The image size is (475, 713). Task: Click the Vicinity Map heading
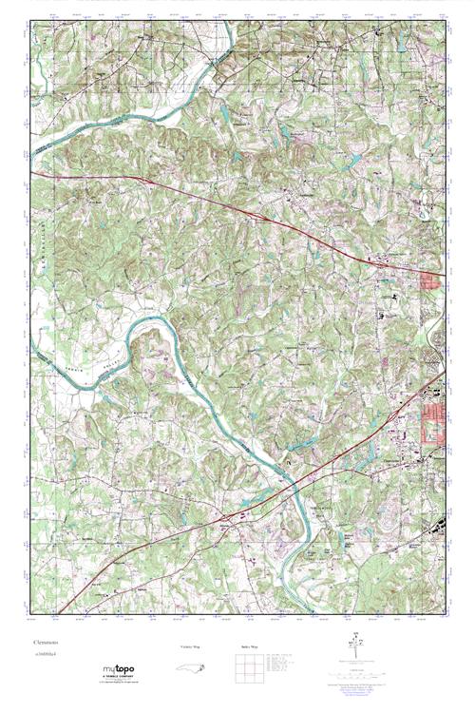coord(191,646)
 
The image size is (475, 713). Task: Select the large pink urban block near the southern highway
coord(432,418)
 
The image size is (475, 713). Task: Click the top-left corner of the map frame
coord(31,20)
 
